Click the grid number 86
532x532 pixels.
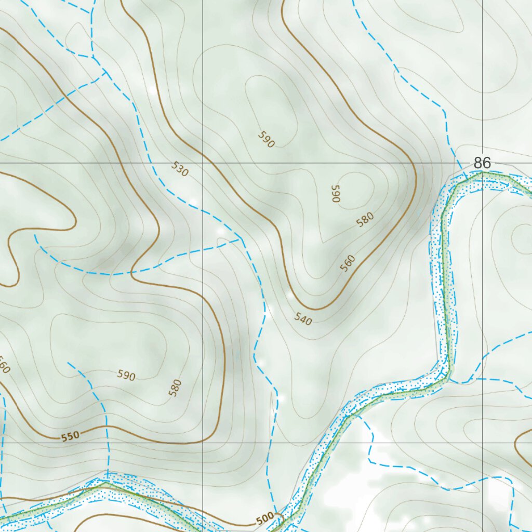(x=482, y=163)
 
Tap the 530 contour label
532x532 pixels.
(x=179, y=169)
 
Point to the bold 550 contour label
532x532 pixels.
(x=70, y=436)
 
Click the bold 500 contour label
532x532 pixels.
(x=264, y=518)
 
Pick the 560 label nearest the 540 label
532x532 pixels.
(x=348, y=263)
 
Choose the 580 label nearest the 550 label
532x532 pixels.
(x=176, y=388)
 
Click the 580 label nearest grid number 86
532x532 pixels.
(x=365, y=220)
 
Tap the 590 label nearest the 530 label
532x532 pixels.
(x=265, y=140)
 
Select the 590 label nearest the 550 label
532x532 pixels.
(x=126, y=376)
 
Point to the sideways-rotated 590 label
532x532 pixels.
(x=336, y=193)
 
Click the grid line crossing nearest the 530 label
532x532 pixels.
(x=202, y=163)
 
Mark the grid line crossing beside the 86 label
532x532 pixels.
(x=482, y=163)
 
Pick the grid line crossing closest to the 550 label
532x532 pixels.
(x=202, y=443)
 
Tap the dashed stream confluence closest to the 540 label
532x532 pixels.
(x=241, y=240)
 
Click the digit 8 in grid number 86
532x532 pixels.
(x=478, y=163)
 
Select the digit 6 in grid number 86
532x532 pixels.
(x=487, y=163)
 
